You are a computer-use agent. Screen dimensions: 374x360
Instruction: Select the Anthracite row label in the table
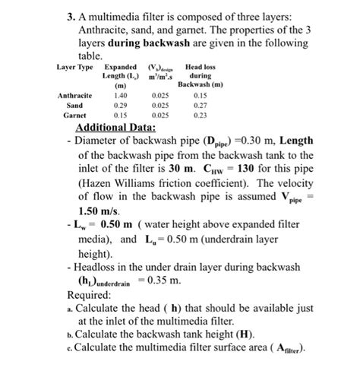[x=74, y=95]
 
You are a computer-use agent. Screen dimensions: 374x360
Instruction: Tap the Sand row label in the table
[x=74, y=105]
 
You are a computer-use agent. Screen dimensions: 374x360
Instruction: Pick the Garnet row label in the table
[x=74, y=115]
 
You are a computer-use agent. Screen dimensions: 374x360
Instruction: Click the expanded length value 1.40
[x=119, y=95]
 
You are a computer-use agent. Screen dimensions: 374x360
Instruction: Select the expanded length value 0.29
[x=119, y=105]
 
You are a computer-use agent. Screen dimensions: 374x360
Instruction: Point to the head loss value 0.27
[x=200, y=105]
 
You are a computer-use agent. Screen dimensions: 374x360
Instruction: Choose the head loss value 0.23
[x=200, y=115]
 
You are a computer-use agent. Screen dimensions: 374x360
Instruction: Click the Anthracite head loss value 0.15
[x=200, y=95]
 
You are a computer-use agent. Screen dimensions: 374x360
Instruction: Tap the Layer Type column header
[x=74, y=68]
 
